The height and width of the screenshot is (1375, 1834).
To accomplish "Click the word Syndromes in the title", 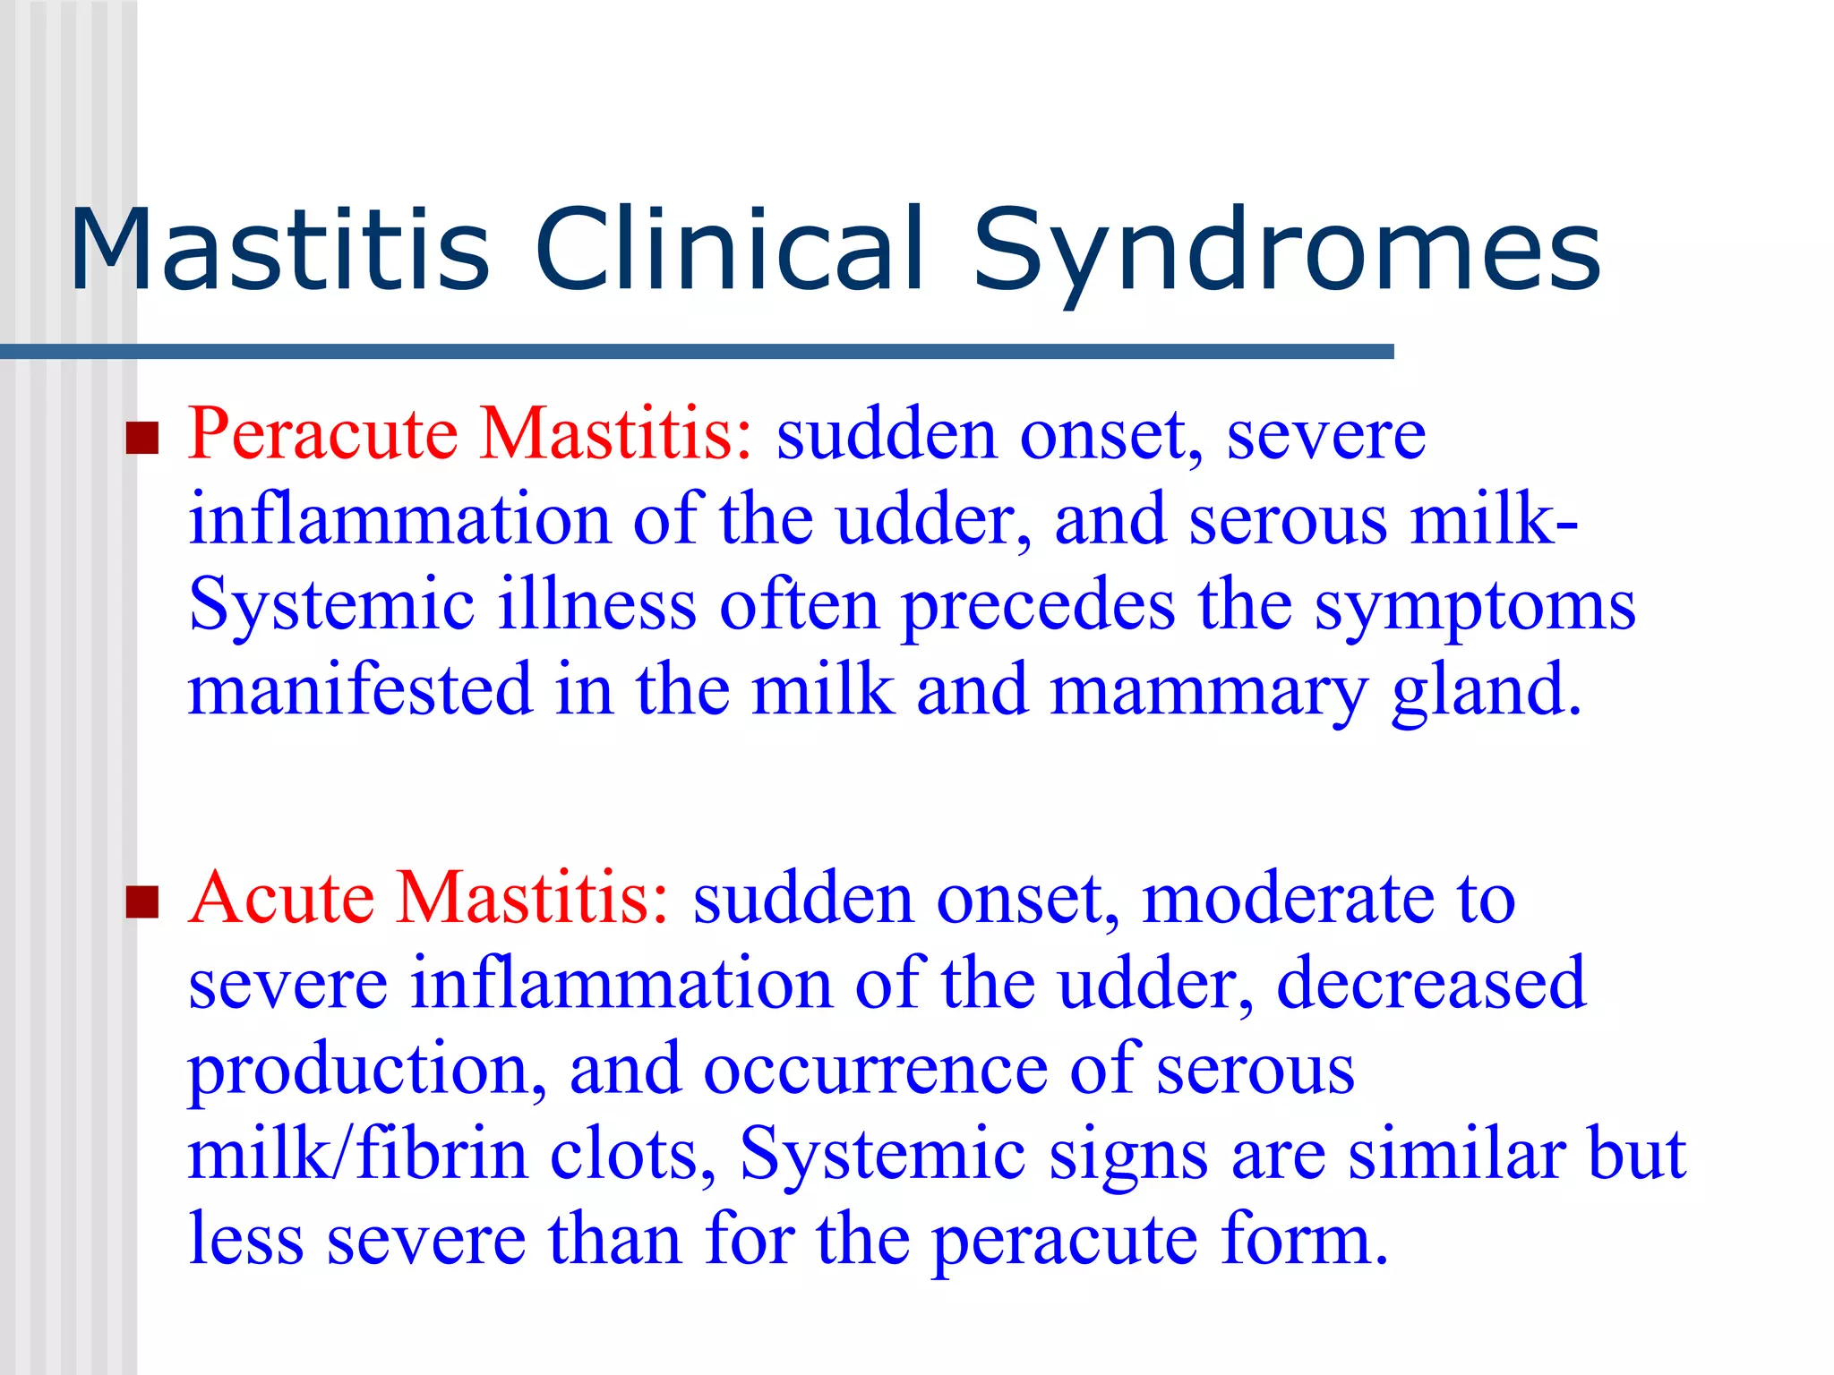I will pyautogui.click(x=1287, y=251).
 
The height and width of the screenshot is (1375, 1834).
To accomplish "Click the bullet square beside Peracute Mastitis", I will pyautogui.click(x=141, y=439).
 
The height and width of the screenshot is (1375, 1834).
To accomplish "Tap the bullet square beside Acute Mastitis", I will pyautogui.click(x=141, y=902).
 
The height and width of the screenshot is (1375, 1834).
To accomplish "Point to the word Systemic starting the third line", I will pyautogui.click(x=331, y=607).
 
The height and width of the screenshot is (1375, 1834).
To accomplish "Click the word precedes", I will pyautogui.click(x=1038, y=607).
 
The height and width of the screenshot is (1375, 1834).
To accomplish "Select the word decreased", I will pyautogui.click(x=1430, y=984).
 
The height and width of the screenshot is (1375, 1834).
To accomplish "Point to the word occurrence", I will pyautogui.click(x=874, y=1070).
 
